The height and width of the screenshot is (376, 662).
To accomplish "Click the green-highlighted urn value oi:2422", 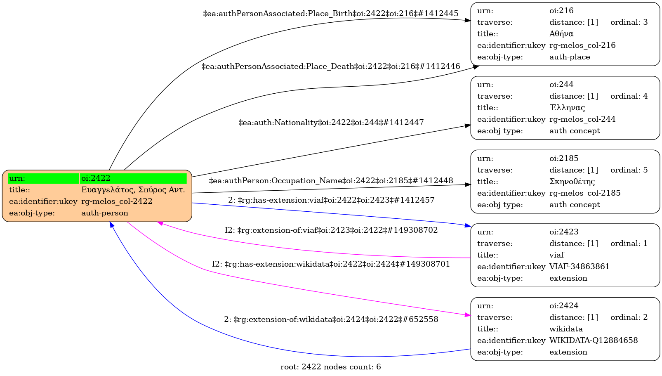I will point(96,178).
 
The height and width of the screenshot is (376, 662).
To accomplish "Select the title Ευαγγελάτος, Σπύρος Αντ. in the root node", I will point(133,190).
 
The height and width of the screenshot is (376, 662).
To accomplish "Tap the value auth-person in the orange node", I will point(105,213).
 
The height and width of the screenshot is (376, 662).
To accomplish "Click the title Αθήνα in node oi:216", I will point(561,34).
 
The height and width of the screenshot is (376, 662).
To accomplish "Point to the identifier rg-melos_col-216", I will point(582,45).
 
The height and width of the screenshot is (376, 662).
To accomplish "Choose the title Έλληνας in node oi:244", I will point(567,108).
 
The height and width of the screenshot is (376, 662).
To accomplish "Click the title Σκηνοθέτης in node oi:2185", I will point(572,182).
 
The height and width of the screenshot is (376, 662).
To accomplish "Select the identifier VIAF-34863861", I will point(579,267).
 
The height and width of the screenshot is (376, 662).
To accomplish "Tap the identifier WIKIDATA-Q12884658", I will point(593,341).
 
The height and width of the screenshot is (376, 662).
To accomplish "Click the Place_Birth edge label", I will point(330,14).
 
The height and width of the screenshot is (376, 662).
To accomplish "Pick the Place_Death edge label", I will point(330,66).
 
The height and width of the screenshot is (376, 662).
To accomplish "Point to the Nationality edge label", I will point(331,123).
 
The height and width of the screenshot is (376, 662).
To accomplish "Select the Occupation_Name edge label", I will point(331,181).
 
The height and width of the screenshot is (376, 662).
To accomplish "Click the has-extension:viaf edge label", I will point(331,200).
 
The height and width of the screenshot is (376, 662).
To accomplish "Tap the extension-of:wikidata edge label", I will point(331,319).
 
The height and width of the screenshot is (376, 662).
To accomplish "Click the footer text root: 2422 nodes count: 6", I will point(330,367).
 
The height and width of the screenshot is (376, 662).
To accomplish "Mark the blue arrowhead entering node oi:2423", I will point(468,226).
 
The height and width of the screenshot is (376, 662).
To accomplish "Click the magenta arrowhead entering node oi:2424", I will point(468,315).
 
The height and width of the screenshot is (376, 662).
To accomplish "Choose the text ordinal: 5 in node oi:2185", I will point(629,170).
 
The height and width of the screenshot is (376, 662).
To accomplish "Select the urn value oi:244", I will point(561,85).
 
